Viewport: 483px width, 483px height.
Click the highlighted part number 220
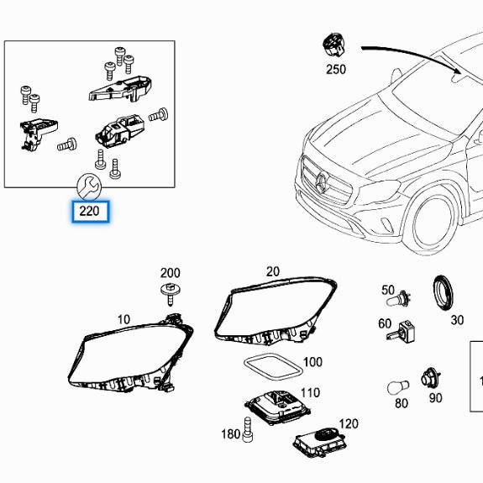(90, 211)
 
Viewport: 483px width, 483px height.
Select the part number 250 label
(335, 69)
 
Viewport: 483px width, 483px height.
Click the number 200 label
(170, 273)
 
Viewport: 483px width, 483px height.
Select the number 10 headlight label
(123, 319)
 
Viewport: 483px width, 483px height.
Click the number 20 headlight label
(272, 271)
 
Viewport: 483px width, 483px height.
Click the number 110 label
(310, 392)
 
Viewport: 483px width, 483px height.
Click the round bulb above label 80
(399, 387)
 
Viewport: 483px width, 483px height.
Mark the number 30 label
(457, 320)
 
